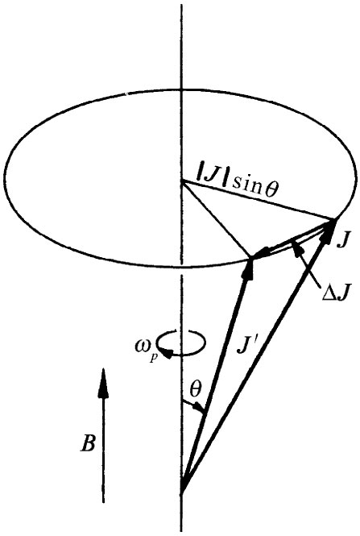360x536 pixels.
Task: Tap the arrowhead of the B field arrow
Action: point(102,380)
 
